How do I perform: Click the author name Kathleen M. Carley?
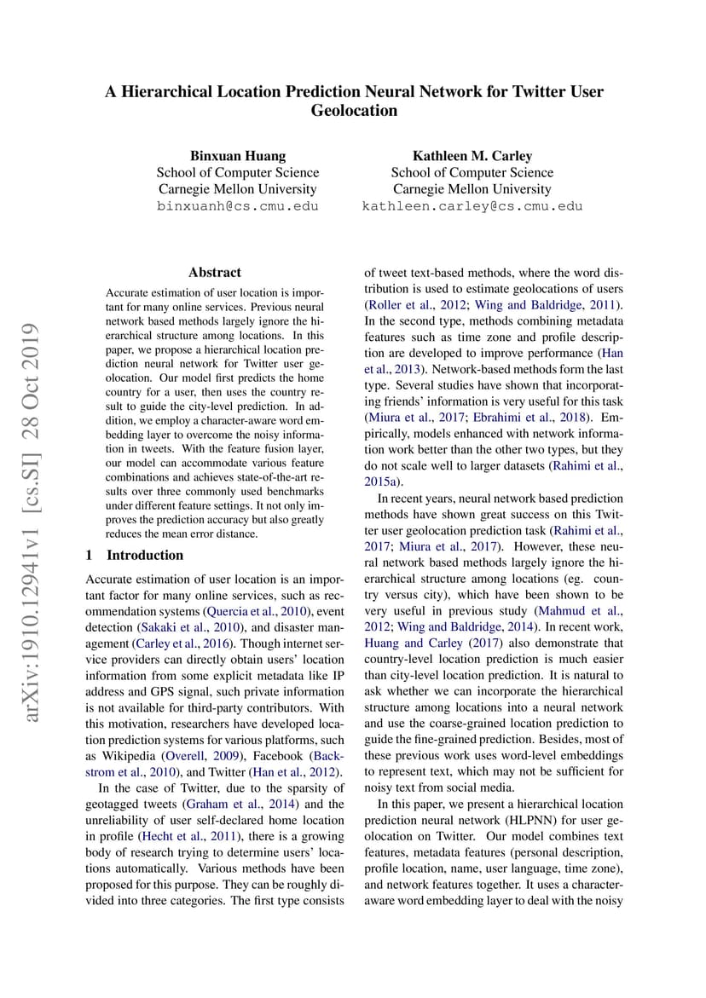click(472, 156)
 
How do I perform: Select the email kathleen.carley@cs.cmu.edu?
click(472, 206)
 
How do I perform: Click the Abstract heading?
click(215, 273)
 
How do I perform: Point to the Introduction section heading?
click(144, 556)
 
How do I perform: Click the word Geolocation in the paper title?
click(354, 111)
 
